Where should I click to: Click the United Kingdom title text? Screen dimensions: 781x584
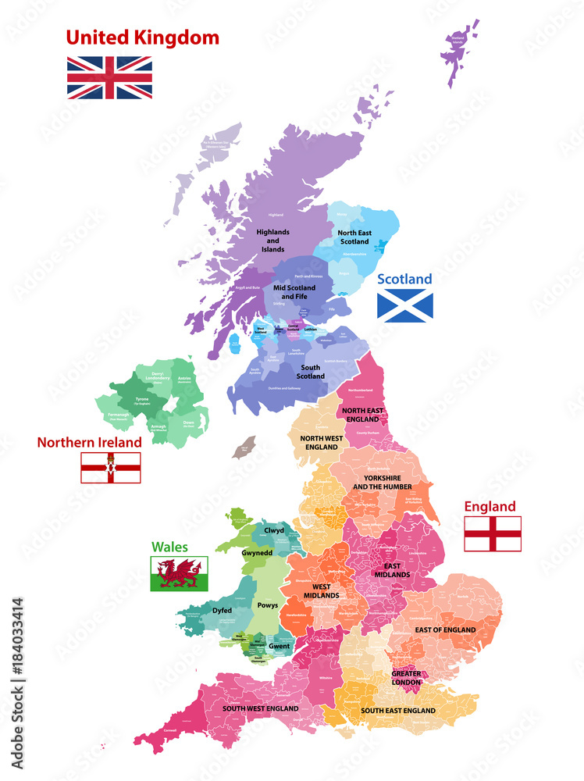(x=142, y=37)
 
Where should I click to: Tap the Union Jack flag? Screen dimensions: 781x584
(x=109, y=77)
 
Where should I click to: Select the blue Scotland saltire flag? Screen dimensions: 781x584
(x=404, y=305)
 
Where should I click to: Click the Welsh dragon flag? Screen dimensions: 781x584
(x=180, y=574)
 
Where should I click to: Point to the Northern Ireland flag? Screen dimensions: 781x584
(x=111, y=468)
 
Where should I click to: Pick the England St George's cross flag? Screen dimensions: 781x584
(x=493, y=533)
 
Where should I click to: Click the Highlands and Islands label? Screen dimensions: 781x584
(x=273, y=241)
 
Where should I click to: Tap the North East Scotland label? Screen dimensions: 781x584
(x=354, y=237)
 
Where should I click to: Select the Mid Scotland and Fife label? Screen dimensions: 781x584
(x=294, y=292)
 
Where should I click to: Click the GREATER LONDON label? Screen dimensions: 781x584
(x=407, y=677)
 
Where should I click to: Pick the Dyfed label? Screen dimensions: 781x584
(x=222, y=611)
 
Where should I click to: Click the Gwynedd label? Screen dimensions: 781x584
(x=257, y=551)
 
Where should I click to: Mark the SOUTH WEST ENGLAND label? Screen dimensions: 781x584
(x=260, y=708)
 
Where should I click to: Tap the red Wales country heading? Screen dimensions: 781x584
(x=169, y=547)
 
